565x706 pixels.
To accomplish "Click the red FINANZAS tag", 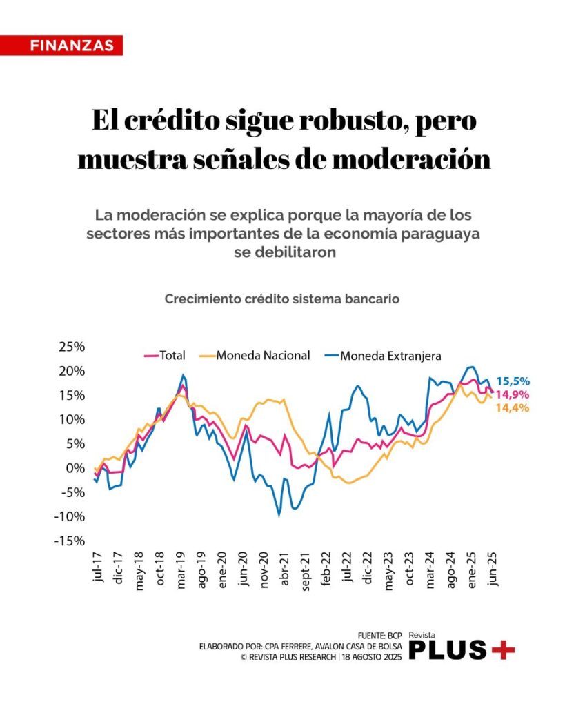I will click(x=72, y=46).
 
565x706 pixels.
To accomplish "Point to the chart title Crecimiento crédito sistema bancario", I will click(x=282, y=300).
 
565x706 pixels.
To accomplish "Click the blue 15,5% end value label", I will click(x=513, y=381).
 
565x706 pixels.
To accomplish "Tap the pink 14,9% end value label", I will click(x=513, y=395).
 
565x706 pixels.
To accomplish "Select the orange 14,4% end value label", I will click(x=513, y=408).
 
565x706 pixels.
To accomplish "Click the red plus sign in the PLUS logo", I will click(x=502, y=649).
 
